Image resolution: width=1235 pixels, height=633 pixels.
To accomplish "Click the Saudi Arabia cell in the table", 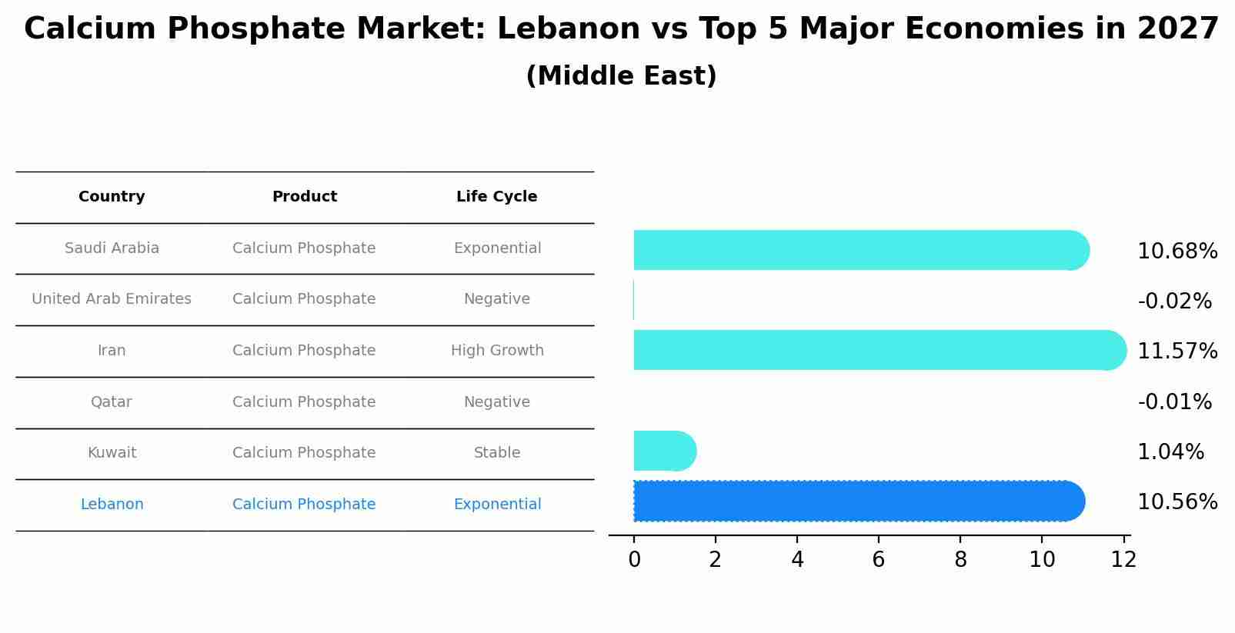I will tap(112, 248).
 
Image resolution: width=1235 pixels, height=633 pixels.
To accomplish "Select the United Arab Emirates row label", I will tap(112, 299).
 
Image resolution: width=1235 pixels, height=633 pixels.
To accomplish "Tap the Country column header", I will tap(112, 197).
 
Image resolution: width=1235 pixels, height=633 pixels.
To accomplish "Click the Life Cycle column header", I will tap(496, 197).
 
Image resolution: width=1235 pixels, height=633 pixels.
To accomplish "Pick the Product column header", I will tap(304, 197).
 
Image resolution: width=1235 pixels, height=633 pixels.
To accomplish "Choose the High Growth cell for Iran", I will tap(497, 351).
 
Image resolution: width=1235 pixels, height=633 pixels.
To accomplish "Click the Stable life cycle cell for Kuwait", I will tap(497, 453).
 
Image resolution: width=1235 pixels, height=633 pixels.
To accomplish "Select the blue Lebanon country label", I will tap(112, 505).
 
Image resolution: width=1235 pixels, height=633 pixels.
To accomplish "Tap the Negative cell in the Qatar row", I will tap(496, 402).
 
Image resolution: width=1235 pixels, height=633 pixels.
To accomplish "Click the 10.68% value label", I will tap(1177, 252).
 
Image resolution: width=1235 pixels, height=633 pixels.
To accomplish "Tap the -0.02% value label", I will tap(1174, 302).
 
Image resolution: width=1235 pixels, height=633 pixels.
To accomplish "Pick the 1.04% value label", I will tap(1170, 452).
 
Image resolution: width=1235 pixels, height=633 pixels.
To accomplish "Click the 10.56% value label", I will tap(1177, 502).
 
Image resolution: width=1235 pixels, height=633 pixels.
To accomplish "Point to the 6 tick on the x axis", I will tap(879, 560).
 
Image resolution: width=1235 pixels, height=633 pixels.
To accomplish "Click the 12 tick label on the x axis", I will tap(1123, 560).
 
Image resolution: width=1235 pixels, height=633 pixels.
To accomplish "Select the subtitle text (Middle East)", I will tap(621, 76).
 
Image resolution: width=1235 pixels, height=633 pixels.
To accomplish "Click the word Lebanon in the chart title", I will tap(568, 29).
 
